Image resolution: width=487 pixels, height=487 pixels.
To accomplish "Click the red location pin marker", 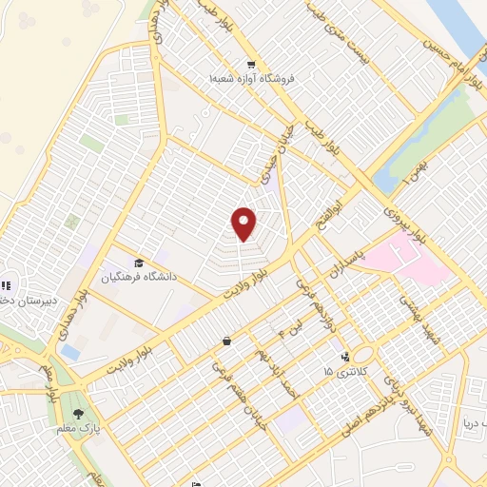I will click(244, 224).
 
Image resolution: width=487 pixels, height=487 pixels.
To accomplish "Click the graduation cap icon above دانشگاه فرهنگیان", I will click(139, 263).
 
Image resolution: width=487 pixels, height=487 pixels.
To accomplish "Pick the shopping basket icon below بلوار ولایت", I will click(226, 341).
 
